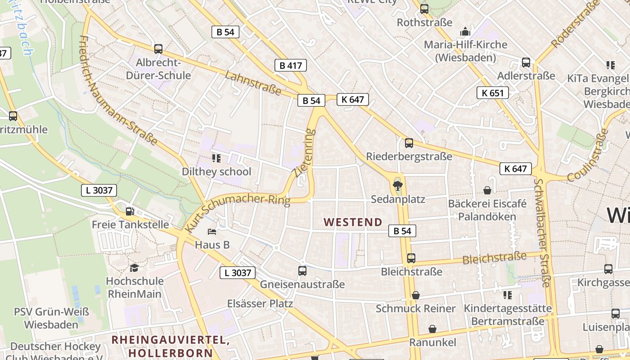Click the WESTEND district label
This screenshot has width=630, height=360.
pos(353,222)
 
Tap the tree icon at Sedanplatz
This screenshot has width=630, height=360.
pos(398,185)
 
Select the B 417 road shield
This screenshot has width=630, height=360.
pos(291,65)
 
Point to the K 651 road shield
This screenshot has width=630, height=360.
pos(492,93)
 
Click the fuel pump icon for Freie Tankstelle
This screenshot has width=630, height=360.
pos(130,211)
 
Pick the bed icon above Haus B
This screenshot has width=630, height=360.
pos(212,232)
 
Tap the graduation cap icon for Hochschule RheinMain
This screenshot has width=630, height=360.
pos(134,268)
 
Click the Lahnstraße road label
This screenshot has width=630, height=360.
pos(254,83)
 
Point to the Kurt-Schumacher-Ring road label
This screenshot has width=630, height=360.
pos(238,209)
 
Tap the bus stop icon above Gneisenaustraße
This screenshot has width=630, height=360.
pos(302,271)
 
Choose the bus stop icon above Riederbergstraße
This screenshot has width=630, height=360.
pos(409,143)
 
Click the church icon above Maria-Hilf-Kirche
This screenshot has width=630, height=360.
pos(465,31)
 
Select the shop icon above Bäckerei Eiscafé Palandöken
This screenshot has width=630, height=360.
pos(487,191)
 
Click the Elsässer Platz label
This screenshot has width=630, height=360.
pos(260,303)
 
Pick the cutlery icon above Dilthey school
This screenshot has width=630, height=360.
pos(216,158)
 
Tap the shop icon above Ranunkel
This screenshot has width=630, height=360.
pos(432,329)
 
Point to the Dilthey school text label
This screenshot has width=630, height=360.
pos(216,171)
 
